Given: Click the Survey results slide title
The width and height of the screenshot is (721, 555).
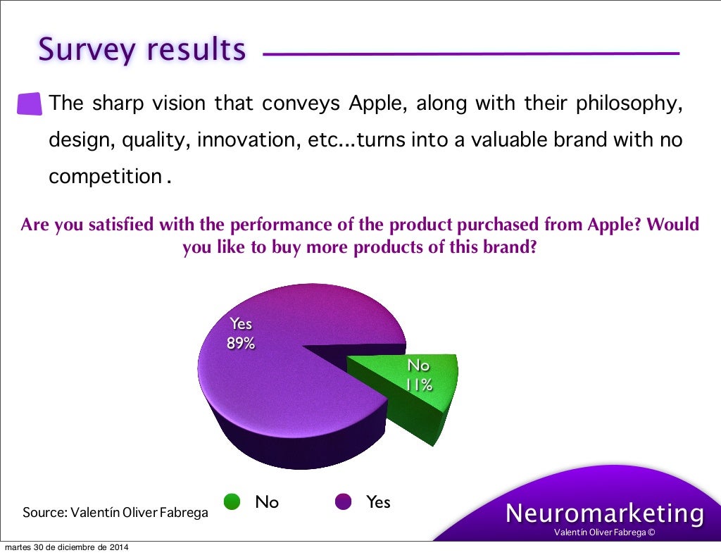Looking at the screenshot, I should pos(142,49).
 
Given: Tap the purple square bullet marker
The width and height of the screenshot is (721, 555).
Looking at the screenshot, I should pos(30,104).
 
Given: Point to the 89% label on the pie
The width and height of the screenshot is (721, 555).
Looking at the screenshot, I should pos(240,344).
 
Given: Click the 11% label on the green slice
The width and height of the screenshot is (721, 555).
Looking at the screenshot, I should pos(418,385).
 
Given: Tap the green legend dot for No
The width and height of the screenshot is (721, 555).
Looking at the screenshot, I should pos(232,501).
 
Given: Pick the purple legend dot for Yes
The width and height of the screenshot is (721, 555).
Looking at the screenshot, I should pos(343,501).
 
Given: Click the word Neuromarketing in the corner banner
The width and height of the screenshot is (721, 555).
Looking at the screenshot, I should pos(605,513).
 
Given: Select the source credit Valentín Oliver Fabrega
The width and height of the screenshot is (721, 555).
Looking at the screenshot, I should pos(115,513).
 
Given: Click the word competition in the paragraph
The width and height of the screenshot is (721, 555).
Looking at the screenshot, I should pos(106,176).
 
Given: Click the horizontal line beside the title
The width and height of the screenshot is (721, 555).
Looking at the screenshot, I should pos(470,54).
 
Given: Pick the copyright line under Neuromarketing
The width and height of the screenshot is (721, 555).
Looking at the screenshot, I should pos(604,532).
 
